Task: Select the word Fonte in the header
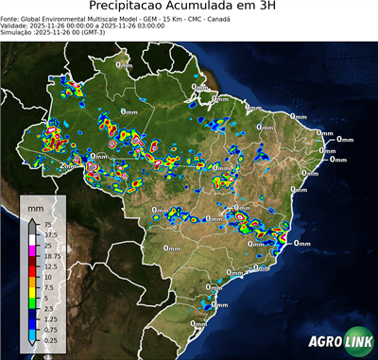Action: click(10, 17)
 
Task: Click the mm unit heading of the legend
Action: click(34, 206)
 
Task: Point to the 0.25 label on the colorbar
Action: click(49, 339)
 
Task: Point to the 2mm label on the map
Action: click(68, 165)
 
